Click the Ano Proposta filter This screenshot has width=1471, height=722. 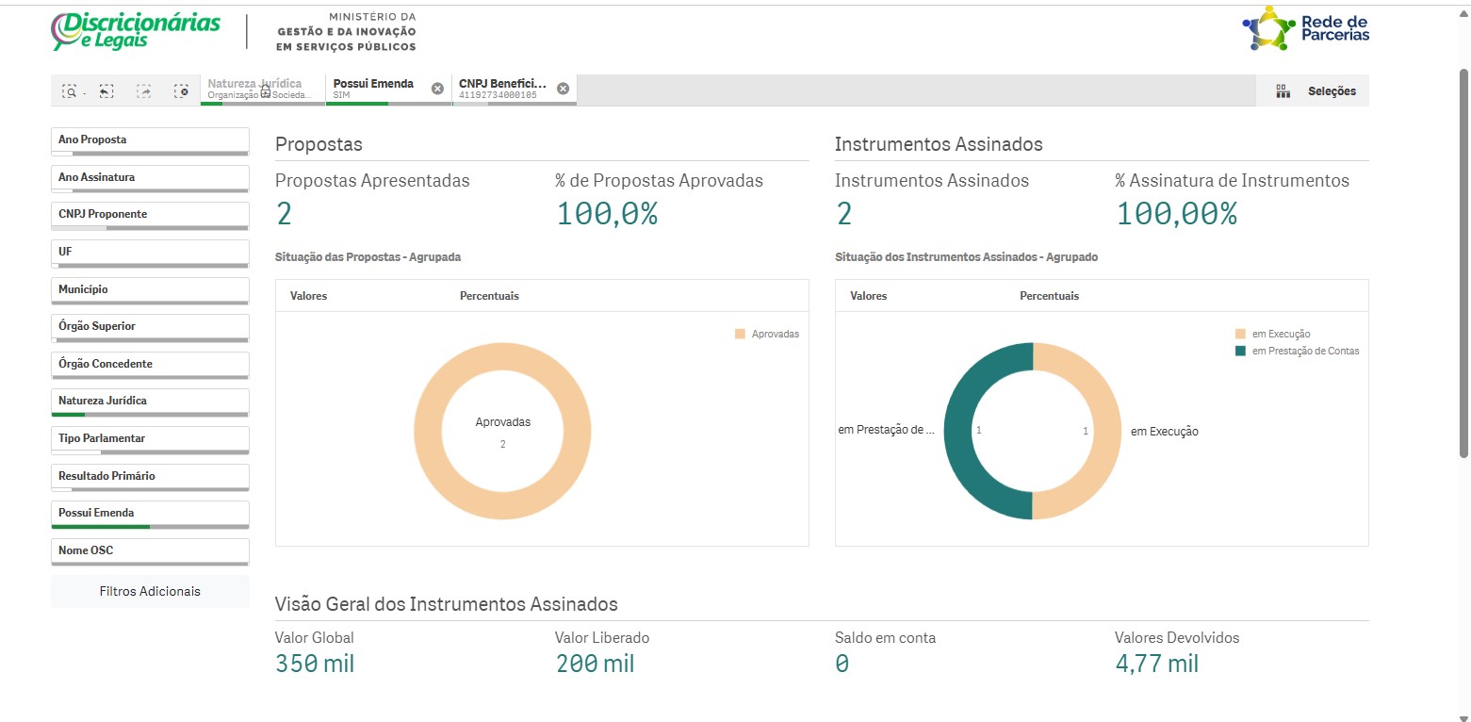click(x=149, y=140)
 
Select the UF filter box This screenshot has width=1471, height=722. click(x=149, y=253)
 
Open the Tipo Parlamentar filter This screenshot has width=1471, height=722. click(x=149, y=439)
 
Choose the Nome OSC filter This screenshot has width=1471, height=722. click(x=149, y=551)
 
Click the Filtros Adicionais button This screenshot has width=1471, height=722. click(x=150, y=592)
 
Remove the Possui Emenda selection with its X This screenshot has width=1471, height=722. click(x=437, y=89)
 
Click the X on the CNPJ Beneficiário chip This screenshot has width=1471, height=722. click(x=563, y=89)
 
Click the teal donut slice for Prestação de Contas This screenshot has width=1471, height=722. click(x=959, y=431)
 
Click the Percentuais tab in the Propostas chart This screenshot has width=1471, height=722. click(x=489, y=296)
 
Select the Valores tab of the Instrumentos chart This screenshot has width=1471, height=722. click(x=868, y=296)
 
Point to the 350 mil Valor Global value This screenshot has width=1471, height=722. click(x=315, y=664)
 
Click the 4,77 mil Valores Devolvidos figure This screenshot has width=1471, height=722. click(x=1156, y=664)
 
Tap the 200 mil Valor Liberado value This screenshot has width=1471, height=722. click(x=595, y=664)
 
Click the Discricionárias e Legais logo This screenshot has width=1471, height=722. click(x=137, y=31)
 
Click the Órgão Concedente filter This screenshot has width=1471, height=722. click(x=149, y=365)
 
